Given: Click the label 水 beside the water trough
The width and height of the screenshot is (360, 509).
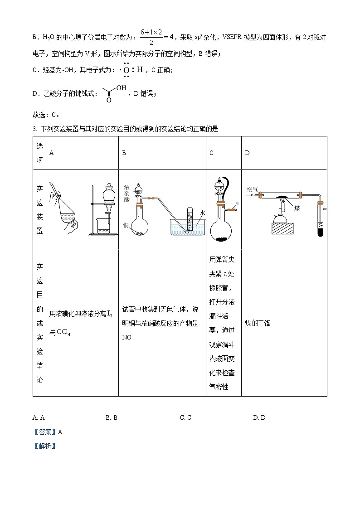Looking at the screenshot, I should pos(203,212).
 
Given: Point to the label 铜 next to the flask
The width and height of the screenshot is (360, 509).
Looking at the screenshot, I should pos(126,225).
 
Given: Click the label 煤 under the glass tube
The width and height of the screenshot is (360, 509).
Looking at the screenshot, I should pos(297,208).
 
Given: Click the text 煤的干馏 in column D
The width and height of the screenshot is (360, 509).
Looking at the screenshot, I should pos(258,323).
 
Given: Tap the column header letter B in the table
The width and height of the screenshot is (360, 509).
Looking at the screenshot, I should pos(124,153).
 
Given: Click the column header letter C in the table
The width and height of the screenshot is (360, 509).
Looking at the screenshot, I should pos(211,153).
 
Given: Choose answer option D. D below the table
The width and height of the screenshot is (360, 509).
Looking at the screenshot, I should pos(259,417).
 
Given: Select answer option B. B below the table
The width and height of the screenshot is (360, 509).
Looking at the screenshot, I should pos(112,417).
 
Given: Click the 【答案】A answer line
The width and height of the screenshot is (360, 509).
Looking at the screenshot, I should pos(48,432).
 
